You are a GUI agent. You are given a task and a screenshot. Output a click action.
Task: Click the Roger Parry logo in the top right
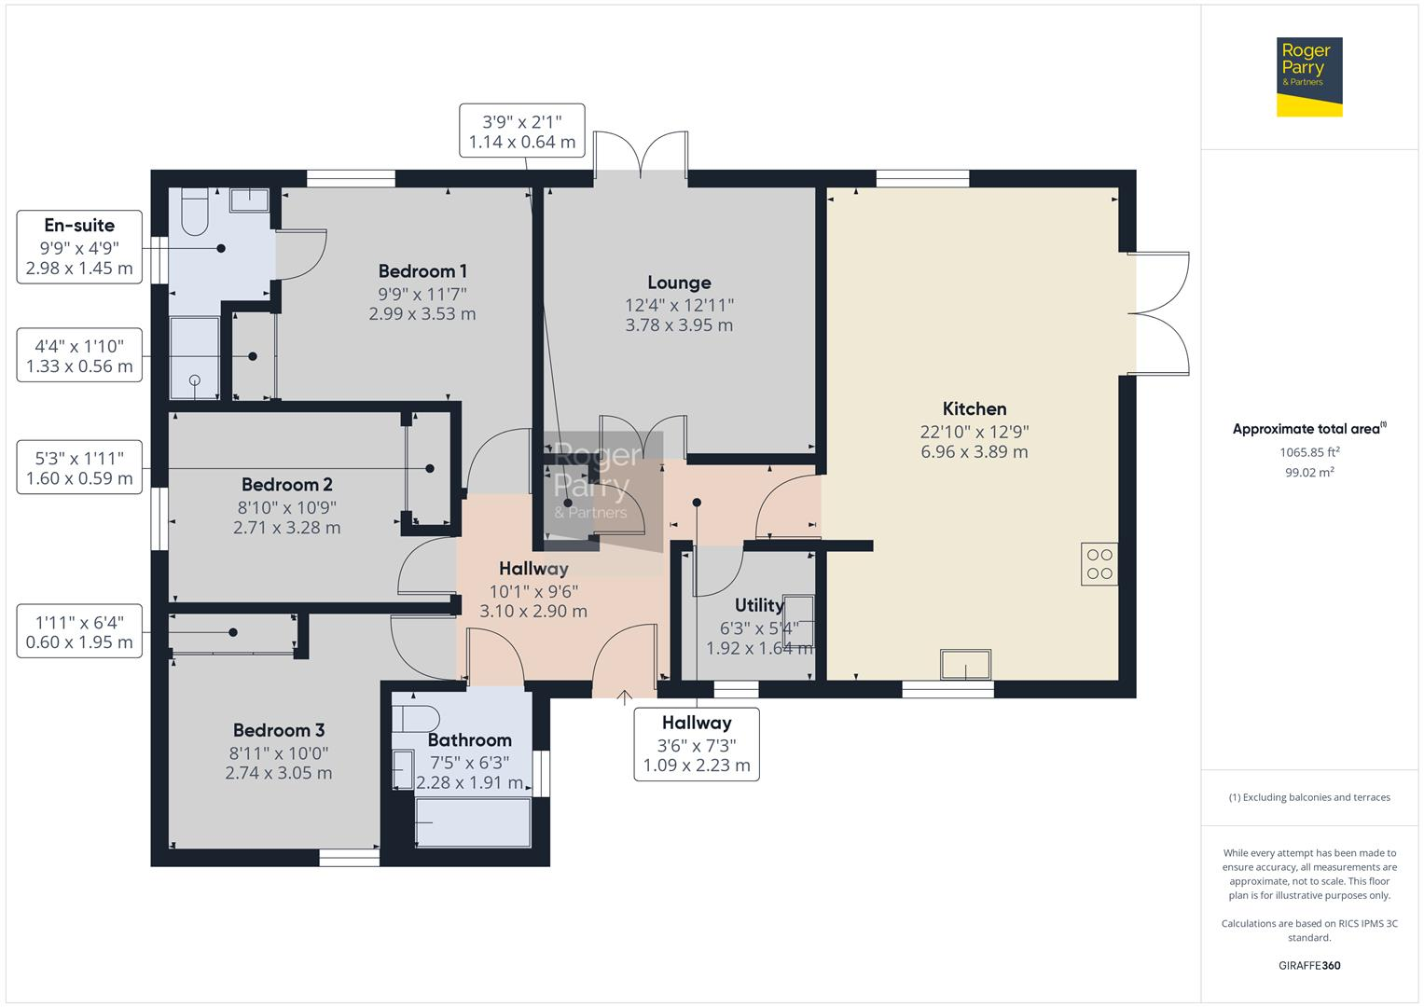1308,76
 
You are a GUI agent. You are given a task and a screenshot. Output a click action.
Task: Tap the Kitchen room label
974,408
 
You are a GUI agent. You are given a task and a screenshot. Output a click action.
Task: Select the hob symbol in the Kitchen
1099,564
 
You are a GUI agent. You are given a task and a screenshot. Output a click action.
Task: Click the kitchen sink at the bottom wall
965,665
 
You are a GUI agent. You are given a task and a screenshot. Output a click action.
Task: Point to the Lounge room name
679,283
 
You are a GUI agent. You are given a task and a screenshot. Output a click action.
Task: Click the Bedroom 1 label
422,271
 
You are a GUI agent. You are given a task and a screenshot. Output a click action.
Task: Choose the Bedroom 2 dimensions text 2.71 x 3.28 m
287,528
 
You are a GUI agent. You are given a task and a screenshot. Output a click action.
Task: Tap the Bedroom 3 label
279,730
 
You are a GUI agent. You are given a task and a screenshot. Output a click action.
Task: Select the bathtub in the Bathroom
473,822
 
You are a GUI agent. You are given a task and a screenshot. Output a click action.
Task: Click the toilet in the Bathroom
416,719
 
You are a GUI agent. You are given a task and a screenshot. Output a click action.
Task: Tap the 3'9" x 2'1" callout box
521,131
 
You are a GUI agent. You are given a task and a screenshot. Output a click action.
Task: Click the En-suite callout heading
79,225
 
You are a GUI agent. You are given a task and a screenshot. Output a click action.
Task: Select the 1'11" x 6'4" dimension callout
79,631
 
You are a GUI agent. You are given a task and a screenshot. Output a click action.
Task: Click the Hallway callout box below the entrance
697,744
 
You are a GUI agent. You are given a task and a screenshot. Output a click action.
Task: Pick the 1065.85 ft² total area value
1309,452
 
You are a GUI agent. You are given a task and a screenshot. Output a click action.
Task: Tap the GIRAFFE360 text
1309,965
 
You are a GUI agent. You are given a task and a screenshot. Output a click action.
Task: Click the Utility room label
759,605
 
